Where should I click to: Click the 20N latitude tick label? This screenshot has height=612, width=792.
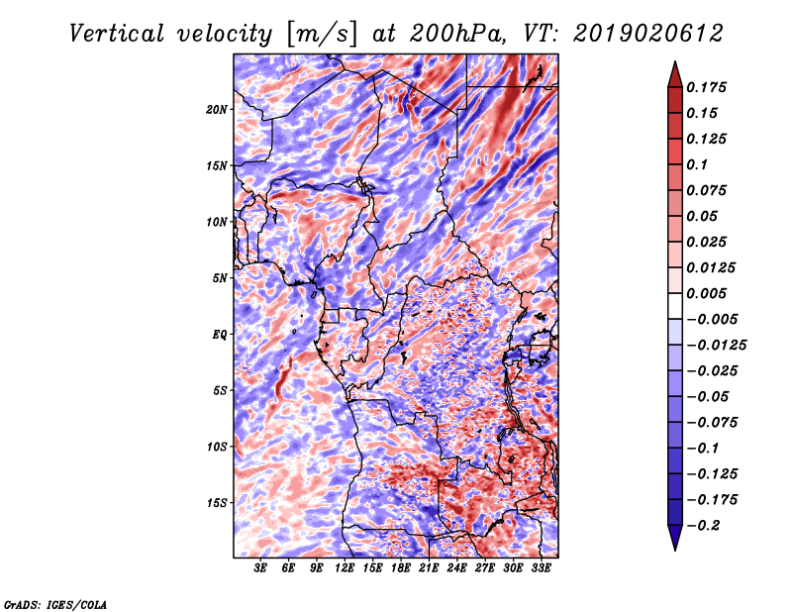pyautogui.click(x=217, y=110)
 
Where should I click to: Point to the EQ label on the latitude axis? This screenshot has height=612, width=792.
pyautogui.click(x=220, y=335)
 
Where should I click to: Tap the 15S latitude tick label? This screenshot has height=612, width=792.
pyautogui.click(x=217, y=503)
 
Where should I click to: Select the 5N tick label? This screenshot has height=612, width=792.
pyautogui.click(x=220, y=278)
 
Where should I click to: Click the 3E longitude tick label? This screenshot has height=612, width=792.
pyautogui.click(x=260, y=568)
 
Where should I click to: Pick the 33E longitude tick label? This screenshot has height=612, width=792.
pyautogui.click(x=541, y=568)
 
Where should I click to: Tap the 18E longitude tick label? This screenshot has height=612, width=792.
pyautogui.click(x=401, y=568)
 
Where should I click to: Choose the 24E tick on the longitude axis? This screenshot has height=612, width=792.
pyautogui.click(x=456, y=568)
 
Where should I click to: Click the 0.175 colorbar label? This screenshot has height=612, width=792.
pyautogui.click(x=706, y=87)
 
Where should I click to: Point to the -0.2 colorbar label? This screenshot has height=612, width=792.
pyautogui.click(x=703, y=526)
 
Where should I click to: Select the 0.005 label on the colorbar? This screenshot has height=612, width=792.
pyautogui.click(x=706, y=293)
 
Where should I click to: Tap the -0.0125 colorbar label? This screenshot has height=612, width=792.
pyautogui.click(x=716, y=346)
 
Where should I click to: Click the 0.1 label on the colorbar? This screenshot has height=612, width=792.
pyautogui.click(x=697, y=164)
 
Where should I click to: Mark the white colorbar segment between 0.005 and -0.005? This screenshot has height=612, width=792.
pyautogui.click(x=675, y=306)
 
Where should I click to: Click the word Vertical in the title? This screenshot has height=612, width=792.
pyautogui.click(x=117, y=34)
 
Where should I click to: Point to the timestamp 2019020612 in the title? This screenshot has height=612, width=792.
pyautogui.click(x=648, y=34)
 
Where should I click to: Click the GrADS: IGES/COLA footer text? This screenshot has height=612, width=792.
pyautogui.click(x=55, y=604)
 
